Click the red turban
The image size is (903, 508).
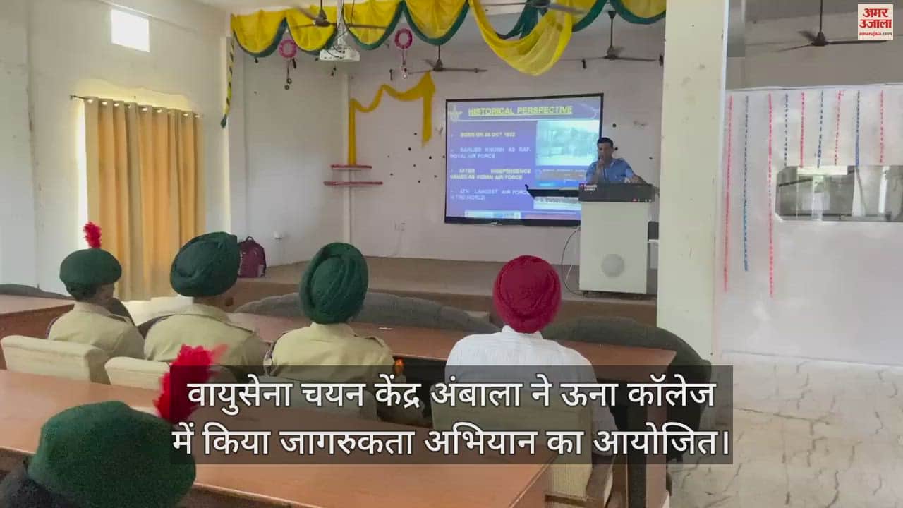(x=526, y=293)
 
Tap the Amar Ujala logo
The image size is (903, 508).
(x=875, y=22)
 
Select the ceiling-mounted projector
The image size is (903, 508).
(x=339, y=52)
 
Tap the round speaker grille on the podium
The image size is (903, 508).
(x=612, y=265)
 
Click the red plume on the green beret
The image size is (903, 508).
(x=92, y=235)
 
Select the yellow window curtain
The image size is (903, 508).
(x=143, y=194)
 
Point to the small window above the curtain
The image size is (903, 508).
(x=130, y=30)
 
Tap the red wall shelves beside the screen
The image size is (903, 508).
(x=352, y=175)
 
